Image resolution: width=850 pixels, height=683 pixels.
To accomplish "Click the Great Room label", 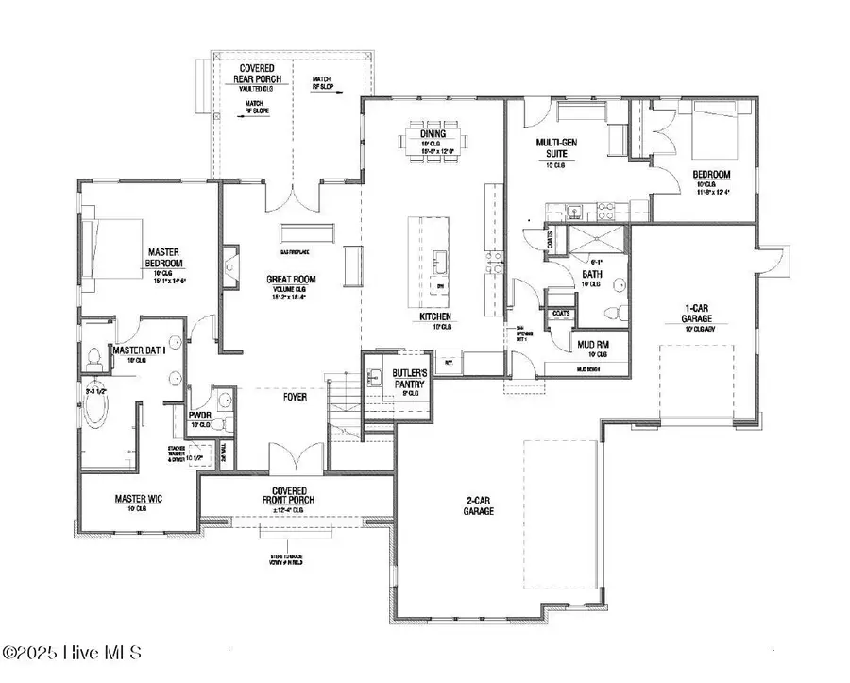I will [x=291, y=280].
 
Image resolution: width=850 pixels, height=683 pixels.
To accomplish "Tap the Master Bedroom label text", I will [x=164, y=258].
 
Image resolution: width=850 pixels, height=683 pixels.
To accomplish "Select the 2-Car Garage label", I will [x=479, y=505].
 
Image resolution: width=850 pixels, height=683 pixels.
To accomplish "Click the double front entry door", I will [x=297, y=460].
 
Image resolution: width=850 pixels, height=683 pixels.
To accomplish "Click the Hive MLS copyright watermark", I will [x=72, y=653].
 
